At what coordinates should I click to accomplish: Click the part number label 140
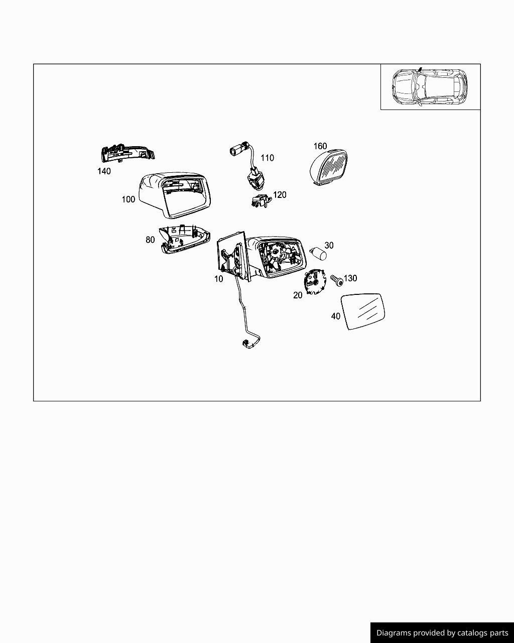[x=104, y=171]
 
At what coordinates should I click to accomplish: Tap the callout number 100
[x=128, y=199]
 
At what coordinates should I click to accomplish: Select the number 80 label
[x=150, y=240]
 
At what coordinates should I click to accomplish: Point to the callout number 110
[x=268, y=158]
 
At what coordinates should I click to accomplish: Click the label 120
[x=280, y=195]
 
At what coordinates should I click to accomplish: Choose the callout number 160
[x=320, y=146]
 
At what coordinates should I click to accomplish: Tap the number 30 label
[x=329, y=245]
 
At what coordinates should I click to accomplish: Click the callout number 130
[x=350, y=278]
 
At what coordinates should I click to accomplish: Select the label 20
[x=298, y=295]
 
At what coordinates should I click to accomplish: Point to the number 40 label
[x=336, y=316]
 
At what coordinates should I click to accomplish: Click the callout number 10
[x=219, y=279]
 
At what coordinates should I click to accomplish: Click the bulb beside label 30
[x=319, y=253]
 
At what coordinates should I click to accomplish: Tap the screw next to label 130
[x=337, y=280]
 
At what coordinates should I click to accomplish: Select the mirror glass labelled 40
[x=363, y=311]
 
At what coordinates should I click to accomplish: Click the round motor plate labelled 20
[x=314, y=281]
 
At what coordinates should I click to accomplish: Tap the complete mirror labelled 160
[x=329, y=166]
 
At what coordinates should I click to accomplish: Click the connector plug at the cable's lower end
[x=248, y=344]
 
